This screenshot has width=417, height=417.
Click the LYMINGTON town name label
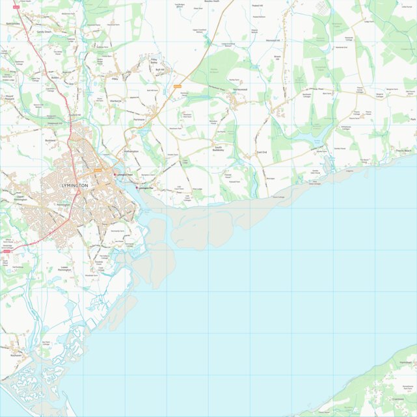click(x=74, y=185)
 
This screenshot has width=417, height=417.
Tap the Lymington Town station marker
click(x=114, y=174)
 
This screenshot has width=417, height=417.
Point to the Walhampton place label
click(x=131, y=152)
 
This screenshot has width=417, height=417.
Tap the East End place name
click(x=262, y=152)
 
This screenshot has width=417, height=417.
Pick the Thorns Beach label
click(x=403, y=151)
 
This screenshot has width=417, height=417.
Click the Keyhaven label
click(x=16, y=356)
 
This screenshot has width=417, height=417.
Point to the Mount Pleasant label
click(x=9, y=98)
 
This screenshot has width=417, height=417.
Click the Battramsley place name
click(x=13, y=23)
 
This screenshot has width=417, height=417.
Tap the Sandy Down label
click(x=44, y=31)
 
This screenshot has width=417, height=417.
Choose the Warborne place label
click(x=116, y=101)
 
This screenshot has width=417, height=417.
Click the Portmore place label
click(x=138, y=120)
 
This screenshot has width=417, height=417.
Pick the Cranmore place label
click(x=398, y=399)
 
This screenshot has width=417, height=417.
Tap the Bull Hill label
click(x=158, y=69)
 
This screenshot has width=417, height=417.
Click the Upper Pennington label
click(x=24, y=197)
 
